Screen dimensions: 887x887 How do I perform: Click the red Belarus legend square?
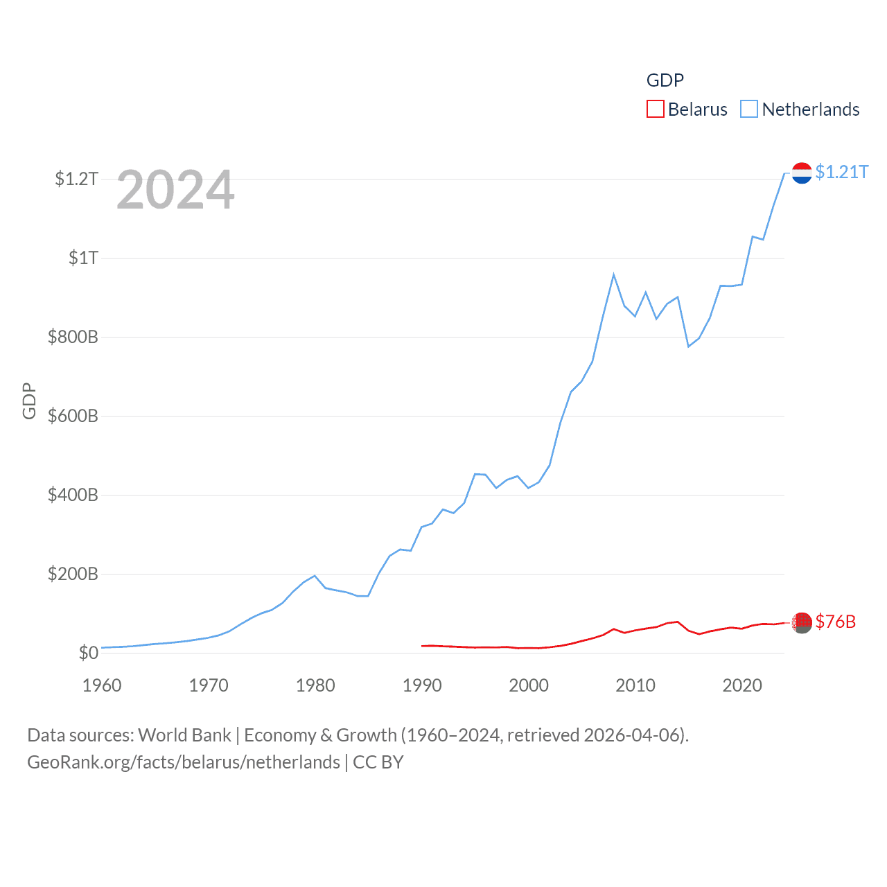coord(655,109)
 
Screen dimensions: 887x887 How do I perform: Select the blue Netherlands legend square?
coord(749,109)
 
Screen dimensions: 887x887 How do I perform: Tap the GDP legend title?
coord(665,80)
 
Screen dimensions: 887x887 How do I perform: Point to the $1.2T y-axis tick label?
coord(76,179)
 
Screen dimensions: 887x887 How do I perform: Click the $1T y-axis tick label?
coord(83,258)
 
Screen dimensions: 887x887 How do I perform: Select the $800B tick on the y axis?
coord(73,337)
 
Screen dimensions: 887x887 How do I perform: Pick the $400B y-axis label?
coord(73,495)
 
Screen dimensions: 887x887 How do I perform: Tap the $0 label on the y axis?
coord(88,653)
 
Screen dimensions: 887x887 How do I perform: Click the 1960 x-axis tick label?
coord(102,685)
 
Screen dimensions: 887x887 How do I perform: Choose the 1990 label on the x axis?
coord(422,685)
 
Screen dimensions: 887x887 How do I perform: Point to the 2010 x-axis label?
coord(635,685)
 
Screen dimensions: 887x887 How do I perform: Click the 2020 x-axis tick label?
coord(742,685)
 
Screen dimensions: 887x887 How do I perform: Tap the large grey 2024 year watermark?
coord(175,190)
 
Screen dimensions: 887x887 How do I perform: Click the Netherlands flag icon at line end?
coord(802,173)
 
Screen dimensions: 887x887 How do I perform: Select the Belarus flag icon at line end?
coord(802,623)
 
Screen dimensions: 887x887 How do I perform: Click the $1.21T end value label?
coord(841,172)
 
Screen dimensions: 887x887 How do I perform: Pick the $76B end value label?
coord(835,622)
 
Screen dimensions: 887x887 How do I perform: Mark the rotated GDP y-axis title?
coord(29,401)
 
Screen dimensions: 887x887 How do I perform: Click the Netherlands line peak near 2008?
coord(613,275)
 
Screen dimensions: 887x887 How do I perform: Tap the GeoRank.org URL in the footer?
coord(184,762)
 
